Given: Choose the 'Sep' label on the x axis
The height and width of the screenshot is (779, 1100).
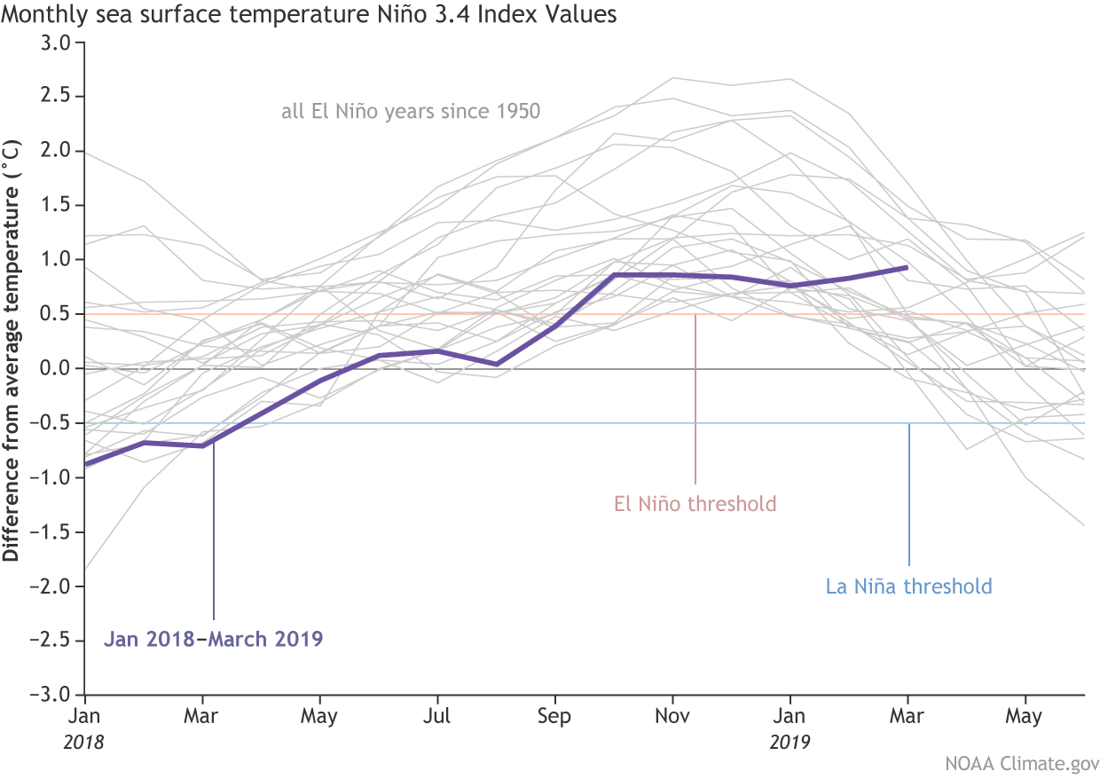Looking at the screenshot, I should pos(554,715).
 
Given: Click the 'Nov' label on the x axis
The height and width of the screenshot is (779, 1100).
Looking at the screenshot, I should pos(672,715).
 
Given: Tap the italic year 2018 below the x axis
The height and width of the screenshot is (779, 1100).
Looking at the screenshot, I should pos(84,741).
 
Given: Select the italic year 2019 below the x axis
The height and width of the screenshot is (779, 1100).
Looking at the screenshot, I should pos(790,741).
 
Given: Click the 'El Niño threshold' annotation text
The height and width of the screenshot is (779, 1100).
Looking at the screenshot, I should pos(695,505).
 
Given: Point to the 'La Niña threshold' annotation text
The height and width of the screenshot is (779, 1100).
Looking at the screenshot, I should pos(908,586).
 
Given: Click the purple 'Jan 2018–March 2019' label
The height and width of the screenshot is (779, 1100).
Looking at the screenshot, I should pos(213,639).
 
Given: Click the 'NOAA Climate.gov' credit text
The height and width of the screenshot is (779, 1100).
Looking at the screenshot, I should pos(1029,763).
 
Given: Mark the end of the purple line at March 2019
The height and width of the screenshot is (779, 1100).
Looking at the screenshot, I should pos(907,266).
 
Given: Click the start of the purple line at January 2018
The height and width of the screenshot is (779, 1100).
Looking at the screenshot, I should pos(86,463).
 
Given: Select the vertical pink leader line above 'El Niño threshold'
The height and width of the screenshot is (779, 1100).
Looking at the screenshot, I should pos(695,399).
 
